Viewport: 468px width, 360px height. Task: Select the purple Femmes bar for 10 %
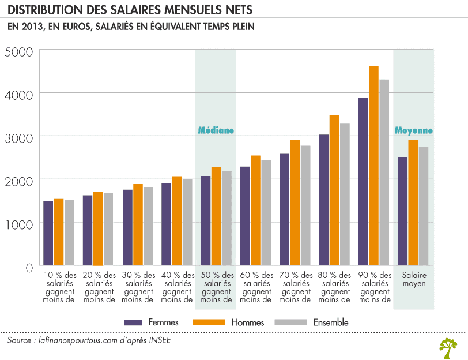click(48, 233)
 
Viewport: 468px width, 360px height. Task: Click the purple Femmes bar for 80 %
click(324, 200)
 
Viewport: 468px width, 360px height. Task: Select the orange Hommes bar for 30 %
click(138, 225)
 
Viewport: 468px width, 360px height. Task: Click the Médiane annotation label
click(216, 130)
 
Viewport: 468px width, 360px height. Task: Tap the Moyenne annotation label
click(413, 130)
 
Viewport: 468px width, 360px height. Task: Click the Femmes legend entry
click(163, 322)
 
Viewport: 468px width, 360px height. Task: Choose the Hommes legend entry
click(246, 322)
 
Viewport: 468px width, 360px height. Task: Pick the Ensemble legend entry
click(330, 322)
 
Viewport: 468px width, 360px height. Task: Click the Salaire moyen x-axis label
click(413, 279)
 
